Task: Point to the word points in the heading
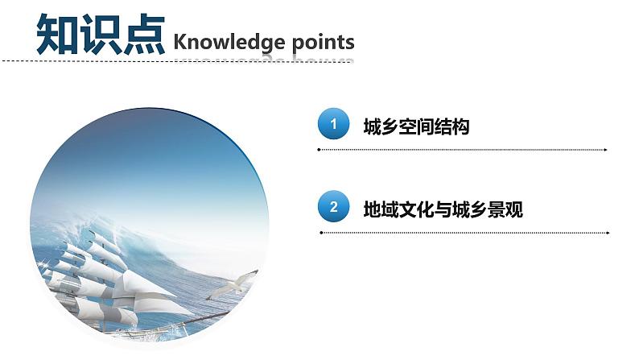point(320,41)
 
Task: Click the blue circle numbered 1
point(333,125)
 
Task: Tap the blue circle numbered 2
point(333,208)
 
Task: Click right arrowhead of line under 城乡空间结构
point(604,150)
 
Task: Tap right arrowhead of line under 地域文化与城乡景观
point(604,233)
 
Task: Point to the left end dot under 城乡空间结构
point(320,150)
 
